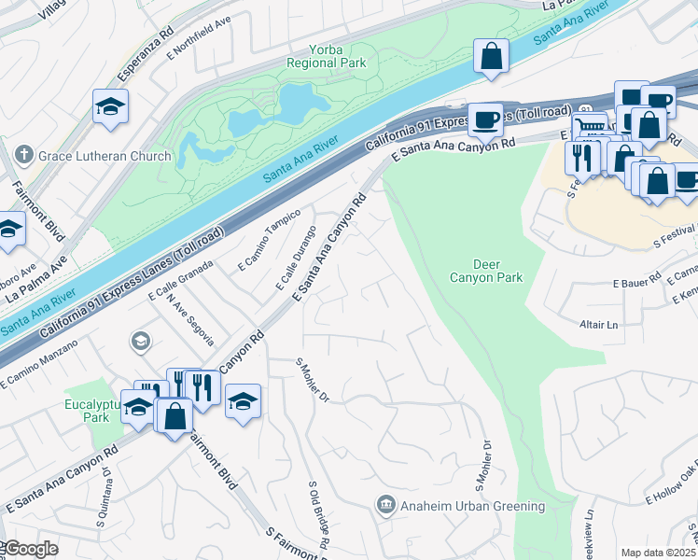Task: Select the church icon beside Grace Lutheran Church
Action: (x=24, y=157)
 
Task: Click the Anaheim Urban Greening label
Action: (x=473, y=506)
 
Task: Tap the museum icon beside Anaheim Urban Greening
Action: (x=384, y=506)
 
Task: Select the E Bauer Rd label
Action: (x=636, y=281)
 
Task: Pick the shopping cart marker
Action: (x=588, y=128)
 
